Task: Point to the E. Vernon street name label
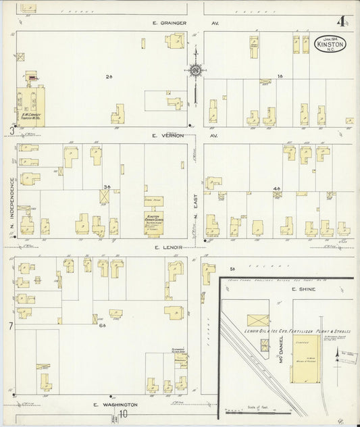[x=165, y=135]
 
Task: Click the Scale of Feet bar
[x=257, y=409]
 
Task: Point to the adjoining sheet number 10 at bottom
[x=123, y=414]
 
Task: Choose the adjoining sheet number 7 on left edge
[x=11, y=327]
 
